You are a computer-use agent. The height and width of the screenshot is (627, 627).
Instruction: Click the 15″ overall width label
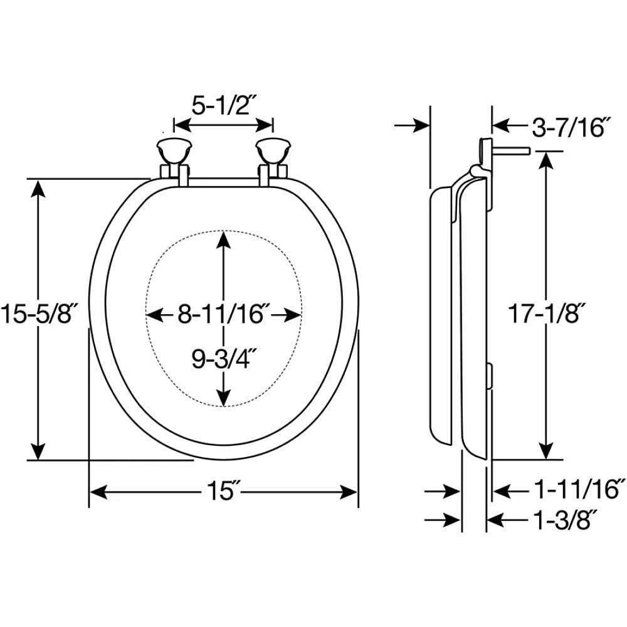223,492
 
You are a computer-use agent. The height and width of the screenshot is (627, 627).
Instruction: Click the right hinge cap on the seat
271,150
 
